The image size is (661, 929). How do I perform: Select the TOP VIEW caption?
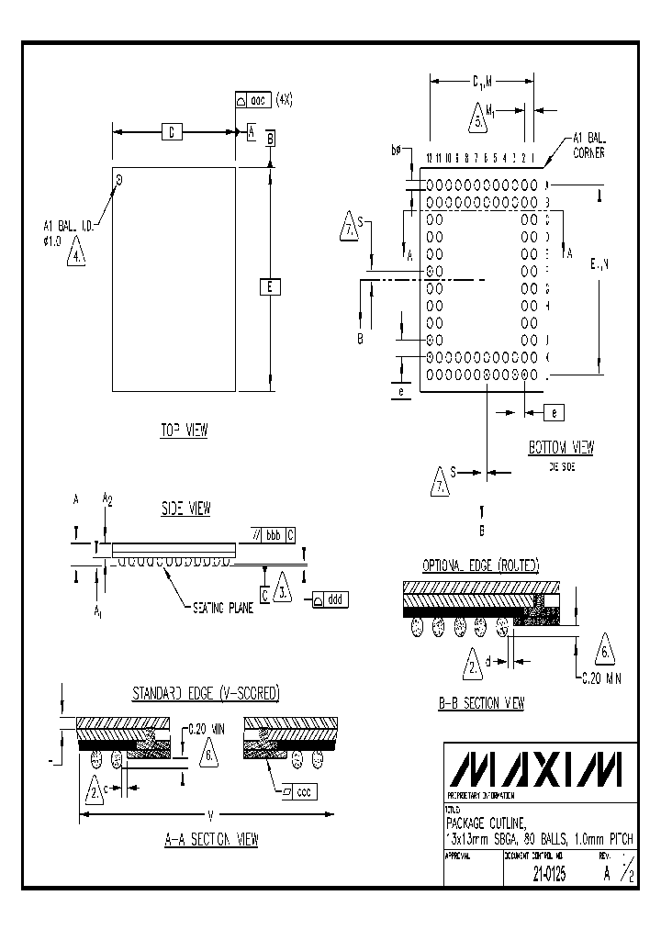(184, 431)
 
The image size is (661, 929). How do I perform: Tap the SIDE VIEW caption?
(185, 508)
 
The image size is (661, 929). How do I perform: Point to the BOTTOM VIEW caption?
(560, 448)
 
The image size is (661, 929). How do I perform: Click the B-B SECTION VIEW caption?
(481, 703)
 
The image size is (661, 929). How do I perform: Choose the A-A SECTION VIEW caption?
(211, 839)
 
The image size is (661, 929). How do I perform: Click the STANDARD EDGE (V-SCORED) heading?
(206, 693)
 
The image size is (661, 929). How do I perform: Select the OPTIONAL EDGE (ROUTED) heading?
(480, 565)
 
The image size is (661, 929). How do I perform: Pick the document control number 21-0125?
(548, 875)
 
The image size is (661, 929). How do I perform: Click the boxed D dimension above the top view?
(171, 133)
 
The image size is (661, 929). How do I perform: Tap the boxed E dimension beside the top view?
(269, 287)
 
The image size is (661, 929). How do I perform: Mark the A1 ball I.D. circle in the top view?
(120, 177)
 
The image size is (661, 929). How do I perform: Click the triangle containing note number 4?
(78, 252)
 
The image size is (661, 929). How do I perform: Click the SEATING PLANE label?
(223, 607)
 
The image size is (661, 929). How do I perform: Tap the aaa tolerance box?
(254, 101)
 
